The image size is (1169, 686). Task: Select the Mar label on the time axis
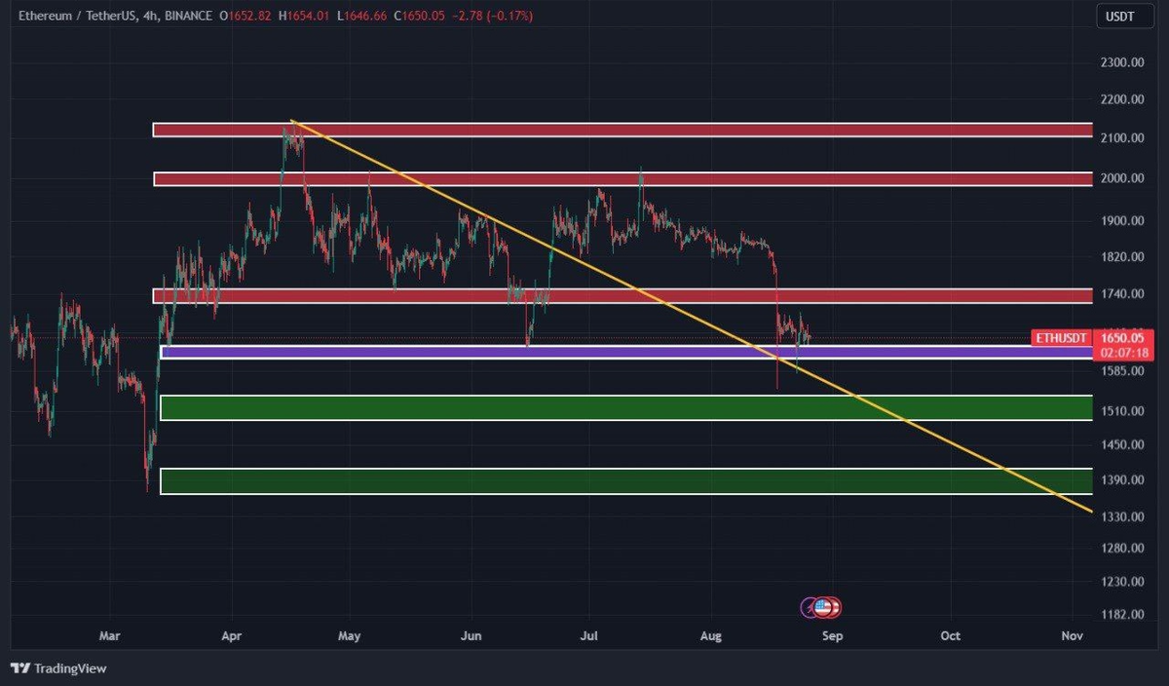pos(110,636)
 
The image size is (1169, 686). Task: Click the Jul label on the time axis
pos(587,636)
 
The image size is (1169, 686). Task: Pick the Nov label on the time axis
pos(1072,636)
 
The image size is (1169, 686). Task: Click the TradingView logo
pos(58,668)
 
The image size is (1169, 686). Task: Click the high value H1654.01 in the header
pos(304,17)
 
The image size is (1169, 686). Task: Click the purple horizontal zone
pos(623,352)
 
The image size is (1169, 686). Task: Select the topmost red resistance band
pos(623,130)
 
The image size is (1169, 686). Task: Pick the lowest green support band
pos(623,480)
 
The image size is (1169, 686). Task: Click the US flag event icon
pos(823,608)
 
